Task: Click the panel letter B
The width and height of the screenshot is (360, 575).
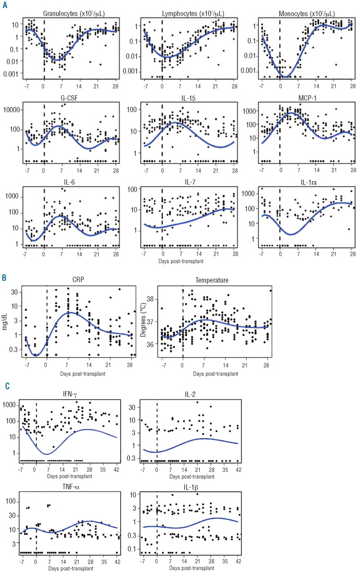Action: pos(4,278)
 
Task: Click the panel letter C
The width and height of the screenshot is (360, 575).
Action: pos(4,385)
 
